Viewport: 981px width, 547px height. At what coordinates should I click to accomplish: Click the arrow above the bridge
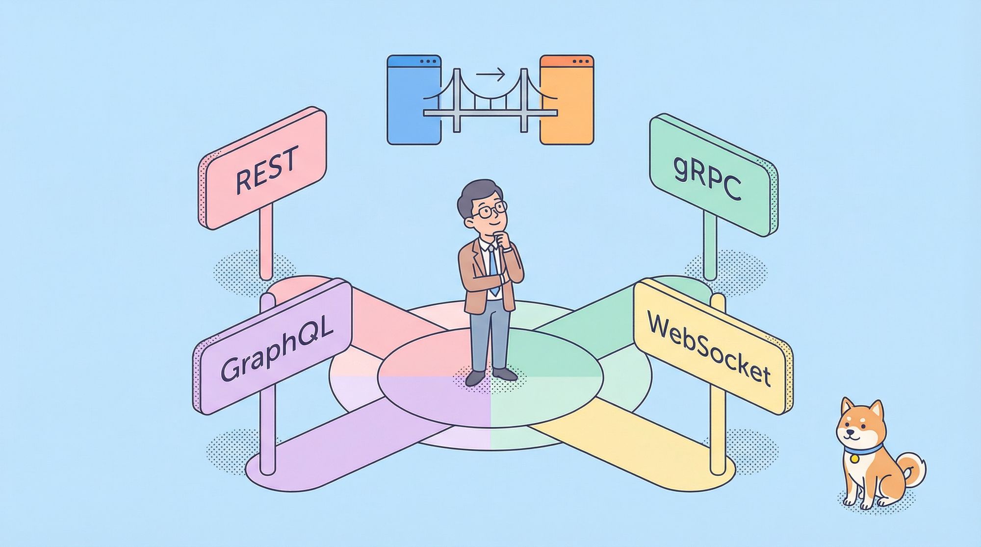click(490, 75)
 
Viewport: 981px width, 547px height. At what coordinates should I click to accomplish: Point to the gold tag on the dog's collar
click(854, 458)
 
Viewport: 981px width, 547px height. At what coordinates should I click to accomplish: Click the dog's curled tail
click(915, 466)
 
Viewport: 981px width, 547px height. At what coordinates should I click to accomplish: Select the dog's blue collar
click(863, 448)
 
